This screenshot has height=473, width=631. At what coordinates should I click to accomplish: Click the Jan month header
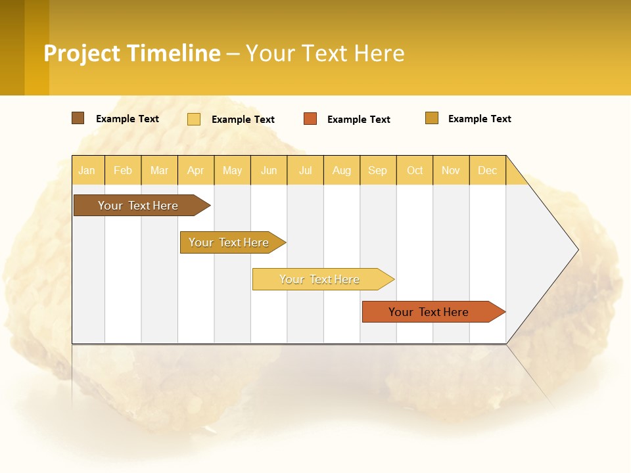point(87,170)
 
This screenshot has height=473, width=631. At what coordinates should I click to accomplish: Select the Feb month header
point(123,170)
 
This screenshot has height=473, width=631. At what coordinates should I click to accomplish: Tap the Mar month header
point(159,170)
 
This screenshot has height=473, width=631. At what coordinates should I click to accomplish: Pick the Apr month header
point(196,170)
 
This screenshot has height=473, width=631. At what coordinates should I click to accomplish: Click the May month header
point(232,170)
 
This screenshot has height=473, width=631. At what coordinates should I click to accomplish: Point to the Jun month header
point(269,170)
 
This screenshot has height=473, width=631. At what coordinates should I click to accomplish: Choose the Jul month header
point(305,170)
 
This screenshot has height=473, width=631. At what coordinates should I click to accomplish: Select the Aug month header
point(342,170)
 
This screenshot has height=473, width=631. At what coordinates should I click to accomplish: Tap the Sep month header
point(378,170)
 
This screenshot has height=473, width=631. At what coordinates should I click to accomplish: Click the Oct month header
point(415,170)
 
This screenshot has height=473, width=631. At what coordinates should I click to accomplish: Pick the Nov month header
point(451,170)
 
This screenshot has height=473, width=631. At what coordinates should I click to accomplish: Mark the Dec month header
point(488,170)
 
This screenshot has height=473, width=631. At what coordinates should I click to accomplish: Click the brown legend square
point(78,118)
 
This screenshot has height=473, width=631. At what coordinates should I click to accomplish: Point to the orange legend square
point(310,119)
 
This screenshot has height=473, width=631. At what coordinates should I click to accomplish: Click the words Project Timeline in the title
point(132,53)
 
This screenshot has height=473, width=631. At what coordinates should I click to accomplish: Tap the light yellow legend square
point(194,119)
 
